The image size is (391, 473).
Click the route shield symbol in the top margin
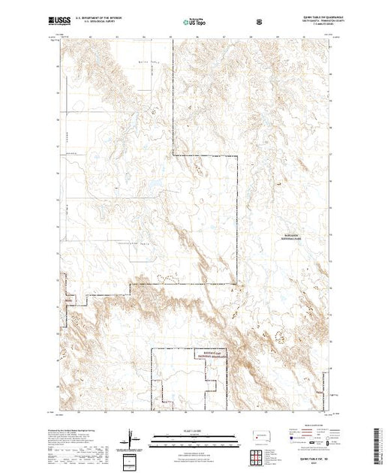tap(260, 23)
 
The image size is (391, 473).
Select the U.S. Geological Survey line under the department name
tap(104, 24)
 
